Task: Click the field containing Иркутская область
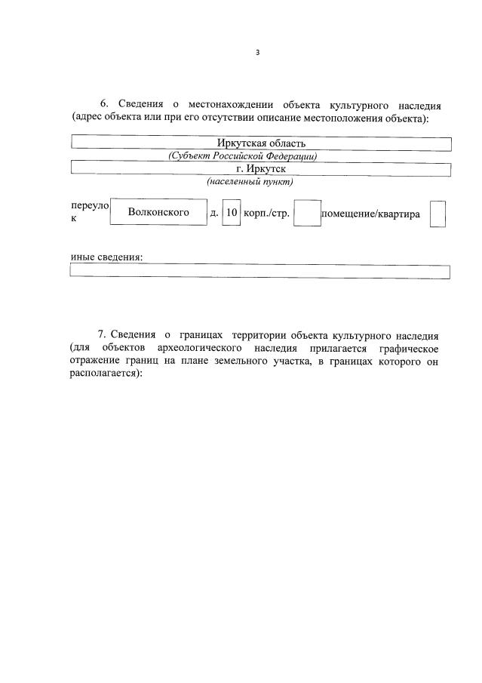(260, 143)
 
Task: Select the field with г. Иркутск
(260, 168)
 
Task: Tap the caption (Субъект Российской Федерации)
(242, 156)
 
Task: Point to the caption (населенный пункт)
(250, 182)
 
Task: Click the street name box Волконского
(158, 213)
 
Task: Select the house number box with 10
(232, 213)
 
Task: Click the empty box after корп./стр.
(307, 213)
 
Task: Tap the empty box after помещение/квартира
(437, 214)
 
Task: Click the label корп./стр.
(266, 214)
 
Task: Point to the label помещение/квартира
(370, 214)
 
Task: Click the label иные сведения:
(106, 257)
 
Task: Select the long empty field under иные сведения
(260, 272)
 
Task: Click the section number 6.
(105, 103)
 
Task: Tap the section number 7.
(103, 334)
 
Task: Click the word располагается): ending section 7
(105, 377)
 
